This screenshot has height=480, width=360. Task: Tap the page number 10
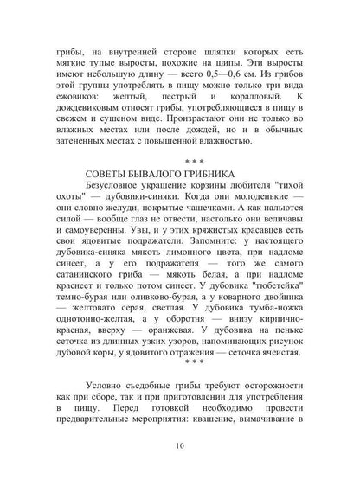[179, 446]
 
